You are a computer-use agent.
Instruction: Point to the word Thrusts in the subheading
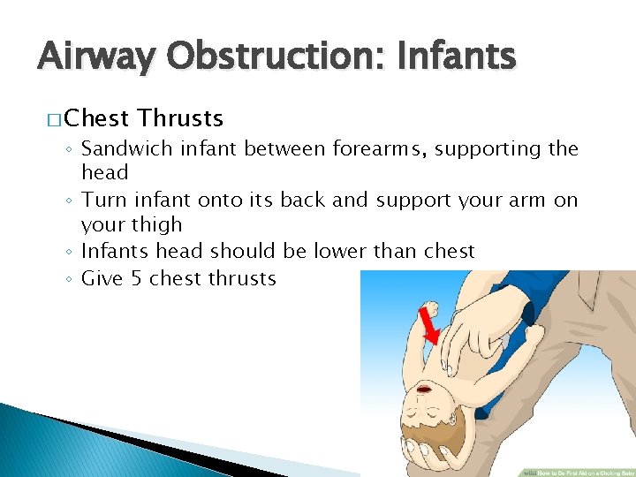pyautogui.click(x=181, y=118)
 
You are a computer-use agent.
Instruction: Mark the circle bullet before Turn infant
pyautogui.click(x=71, y=201)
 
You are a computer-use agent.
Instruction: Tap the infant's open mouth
pyautogui.click(x=424, y=390)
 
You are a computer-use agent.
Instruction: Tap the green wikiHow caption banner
pyautogui.click(x=575, y=471)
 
